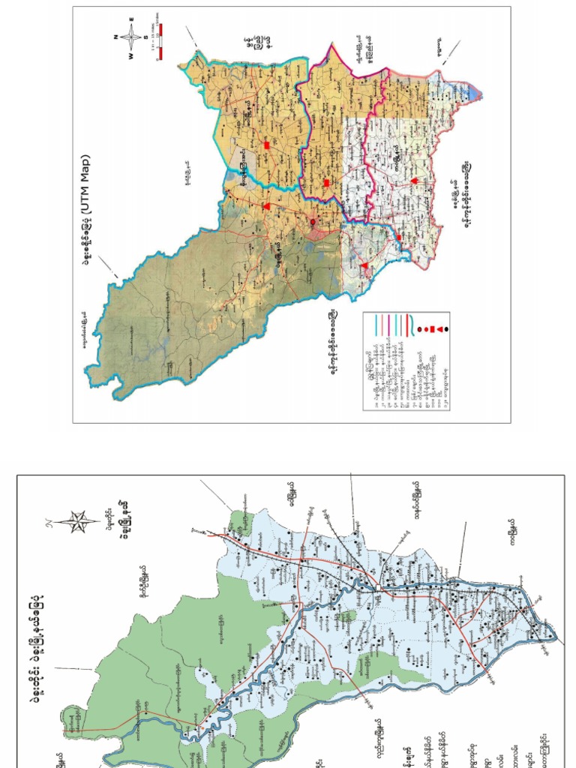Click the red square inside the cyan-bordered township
click(266, 145)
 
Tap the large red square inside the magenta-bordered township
click(327, 183)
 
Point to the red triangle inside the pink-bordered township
click(412, 181)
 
